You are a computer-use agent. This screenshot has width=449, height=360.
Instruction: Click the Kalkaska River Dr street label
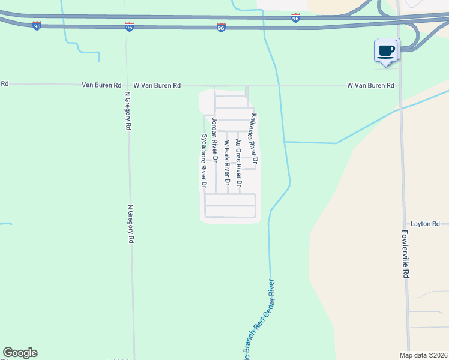[x=254, y=139]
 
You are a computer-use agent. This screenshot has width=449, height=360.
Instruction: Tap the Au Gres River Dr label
[x=239, y=162]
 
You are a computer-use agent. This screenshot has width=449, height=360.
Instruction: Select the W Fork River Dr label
[x=227, y=162]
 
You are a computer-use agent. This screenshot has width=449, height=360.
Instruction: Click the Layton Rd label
[x=426, y=224]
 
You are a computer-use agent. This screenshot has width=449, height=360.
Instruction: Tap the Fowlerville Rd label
[x=406, y=254]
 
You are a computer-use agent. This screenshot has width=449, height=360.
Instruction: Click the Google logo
[x=20, y=353]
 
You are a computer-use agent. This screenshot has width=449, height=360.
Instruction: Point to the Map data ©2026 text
[x=423, y=355]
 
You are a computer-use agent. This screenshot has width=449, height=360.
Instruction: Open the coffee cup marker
[x=386, y=50]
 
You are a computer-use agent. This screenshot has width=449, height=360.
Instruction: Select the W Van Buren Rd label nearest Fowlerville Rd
[x=370, y=86]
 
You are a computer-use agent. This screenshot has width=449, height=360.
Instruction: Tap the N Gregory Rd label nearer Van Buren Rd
[x=127, y=111]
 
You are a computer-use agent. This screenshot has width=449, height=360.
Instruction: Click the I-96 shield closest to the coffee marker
[x=295, y=19]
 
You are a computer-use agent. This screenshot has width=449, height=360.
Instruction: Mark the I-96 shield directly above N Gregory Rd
[x=129, y=27]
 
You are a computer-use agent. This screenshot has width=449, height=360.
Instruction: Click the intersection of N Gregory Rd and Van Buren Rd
[x=127, y=86]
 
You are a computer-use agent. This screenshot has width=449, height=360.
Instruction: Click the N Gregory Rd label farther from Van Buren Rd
[x=130, y=224]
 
